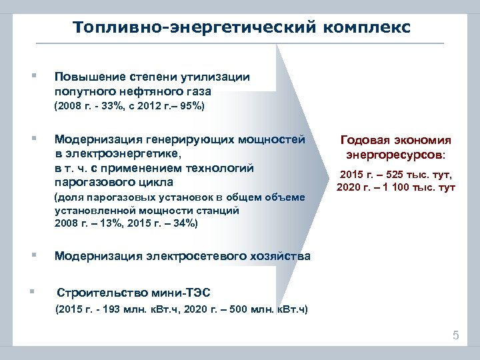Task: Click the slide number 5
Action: (456, 335)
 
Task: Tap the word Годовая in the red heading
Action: (362, 141)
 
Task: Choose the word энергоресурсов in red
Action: (394, 155)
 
